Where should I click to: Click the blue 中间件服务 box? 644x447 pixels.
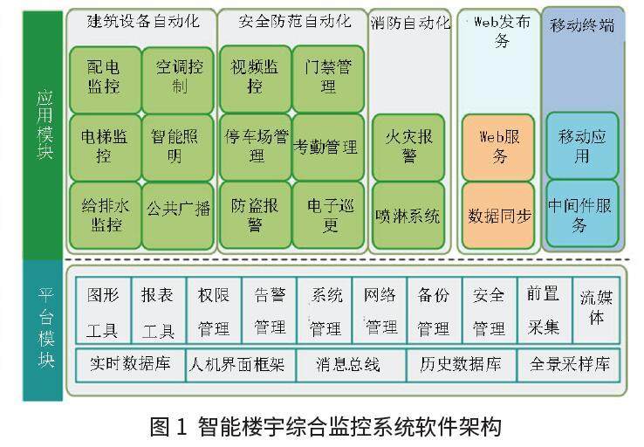[x=581, y=214]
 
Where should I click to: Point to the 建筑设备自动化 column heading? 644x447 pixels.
[x=140, y=21]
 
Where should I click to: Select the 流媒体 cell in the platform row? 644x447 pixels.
[x=596, y=308]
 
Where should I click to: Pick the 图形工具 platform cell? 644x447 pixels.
[x=102, y=312]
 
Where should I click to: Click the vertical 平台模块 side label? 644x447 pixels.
[x=45, y=329]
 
